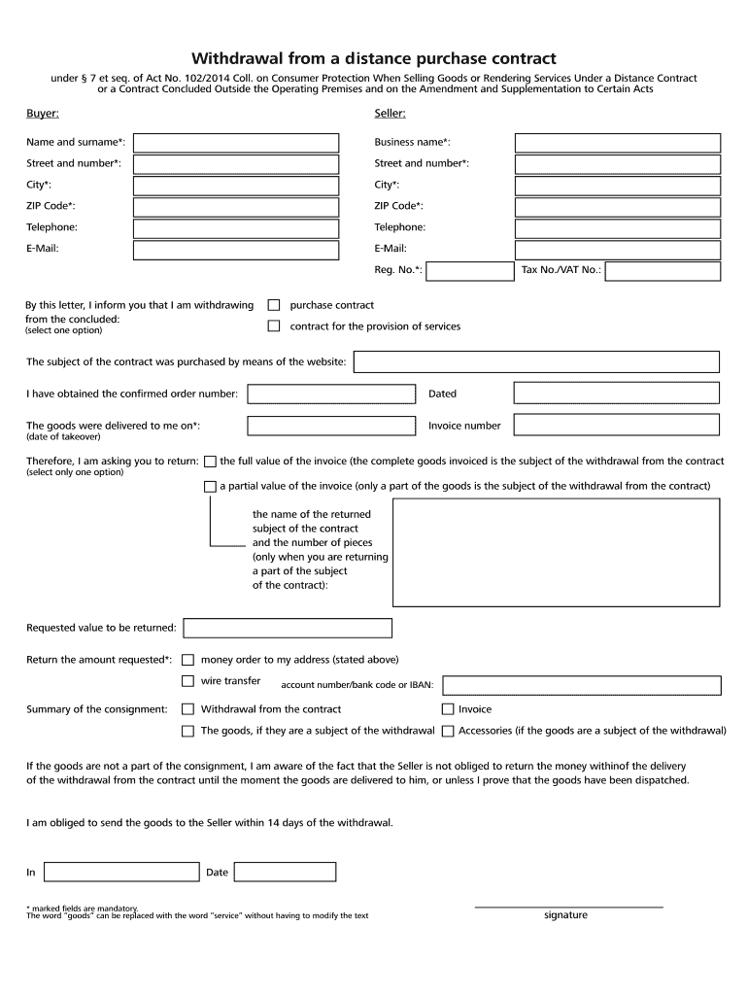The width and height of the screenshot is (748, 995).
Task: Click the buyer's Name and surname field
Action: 236,143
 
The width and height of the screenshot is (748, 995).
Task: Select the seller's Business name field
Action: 617,143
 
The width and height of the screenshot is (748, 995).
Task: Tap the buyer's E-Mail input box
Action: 236,250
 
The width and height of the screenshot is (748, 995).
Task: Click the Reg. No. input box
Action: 471,270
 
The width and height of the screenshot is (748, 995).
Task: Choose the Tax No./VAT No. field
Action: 663,270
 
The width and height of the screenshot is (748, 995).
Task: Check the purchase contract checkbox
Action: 274,305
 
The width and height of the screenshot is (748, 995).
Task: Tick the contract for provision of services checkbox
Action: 274,326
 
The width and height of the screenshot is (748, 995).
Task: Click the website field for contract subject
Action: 536,362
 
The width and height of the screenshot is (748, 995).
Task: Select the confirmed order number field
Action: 331,394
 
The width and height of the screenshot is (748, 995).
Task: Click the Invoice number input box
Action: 617,425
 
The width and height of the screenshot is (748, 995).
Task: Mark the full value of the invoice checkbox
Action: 210,462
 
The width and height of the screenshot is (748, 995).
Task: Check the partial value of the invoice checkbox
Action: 210,486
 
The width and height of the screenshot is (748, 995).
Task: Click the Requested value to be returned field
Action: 288,628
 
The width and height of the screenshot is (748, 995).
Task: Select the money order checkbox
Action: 188,660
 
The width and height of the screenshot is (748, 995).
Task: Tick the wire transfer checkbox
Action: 188,681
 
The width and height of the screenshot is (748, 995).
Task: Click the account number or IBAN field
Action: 581,685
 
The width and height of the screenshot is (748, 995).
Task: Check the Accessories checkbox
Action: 448,731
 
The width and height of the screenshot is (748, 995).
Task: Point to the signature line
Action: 567,906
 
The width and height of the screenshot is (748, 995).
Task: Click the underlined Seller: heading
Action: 390,115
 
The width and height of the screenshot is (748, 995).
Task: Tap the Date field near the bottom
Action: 287,872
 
